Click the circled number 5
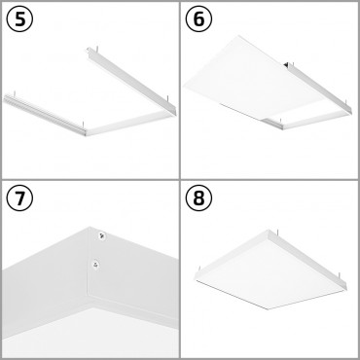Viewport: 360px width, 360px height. coord(18,19)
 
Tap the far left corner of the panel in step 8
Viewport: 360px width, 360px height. coord(197,273)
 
